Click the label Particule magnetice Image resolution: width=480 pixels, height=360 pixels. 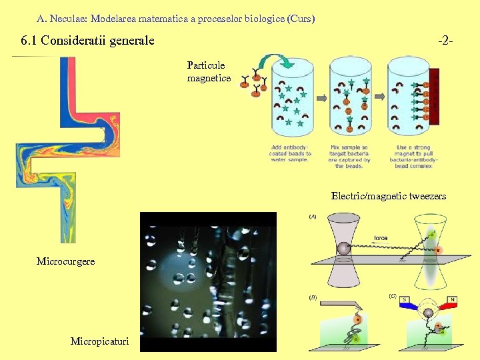(209, 72)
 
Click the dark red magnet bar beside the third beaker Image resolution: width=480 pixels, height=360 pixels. (435, 97)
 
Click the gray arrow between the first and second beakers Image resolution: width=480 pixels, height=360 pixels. (321, 98)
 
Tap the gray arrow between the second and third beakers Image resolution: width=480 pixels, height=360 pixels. (380, 98)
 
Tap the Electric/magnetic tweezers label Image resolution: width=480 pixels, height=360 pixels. (389, 196)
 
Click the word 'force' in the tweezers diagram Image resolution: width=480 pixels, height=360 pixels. (381, 237)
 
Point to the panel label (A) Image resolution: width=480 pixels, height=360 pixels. (312, 217)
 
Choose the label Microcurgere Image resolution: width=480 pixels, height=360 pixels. (65, 261)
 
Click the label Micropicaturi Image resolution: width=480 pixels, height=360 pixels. (101, 341)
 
